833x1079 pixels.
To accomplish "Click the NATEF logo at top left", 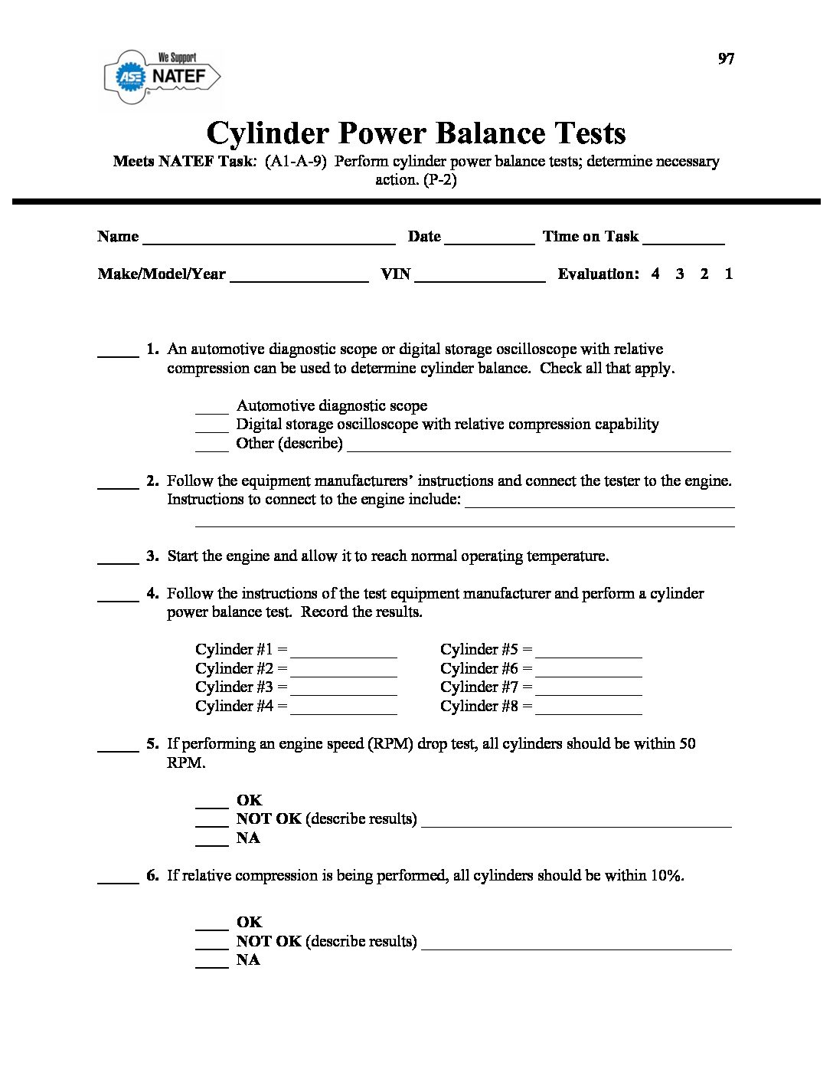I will pyautogui.click(x=162, y=76).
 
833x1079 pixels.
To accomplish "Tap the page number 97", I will pyautogui.click(x=726, y=59).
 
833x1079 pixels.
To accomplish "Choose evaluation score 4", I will pyautogui.click(x=655, y=274).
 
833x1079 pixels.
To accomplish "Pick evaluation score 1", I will pyautogui.click(x=729, y=274).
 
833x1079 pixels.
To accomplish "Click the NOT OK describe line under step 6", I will pyautogui.click(x=576, y=944).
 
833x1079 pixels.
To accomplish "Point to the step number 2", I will pyautogui.click(x=152, y=481).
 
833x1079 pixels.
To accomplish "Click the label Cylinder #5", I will pyautogui.click(x=479, y=650).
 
